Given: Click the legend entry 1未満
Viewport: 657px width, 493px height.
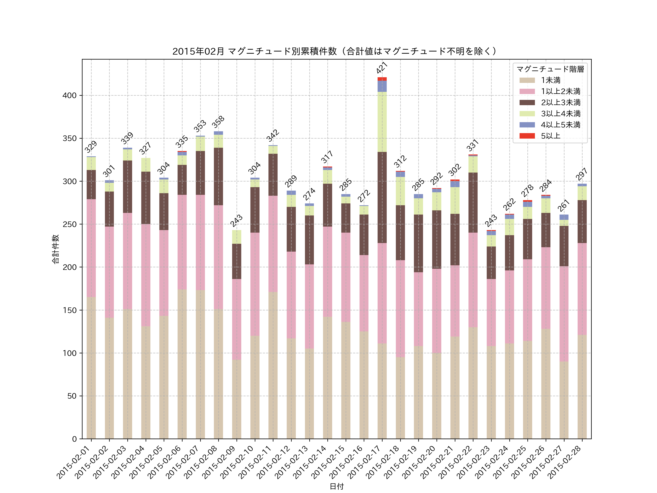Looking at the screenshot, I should (x=550, y=80).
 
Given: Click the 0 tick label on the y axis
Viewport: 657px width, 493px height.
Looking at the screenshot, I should (x=74, y=439).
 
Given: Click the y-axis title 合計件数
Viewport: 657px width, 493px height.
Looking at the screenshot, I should (x=55, y=249).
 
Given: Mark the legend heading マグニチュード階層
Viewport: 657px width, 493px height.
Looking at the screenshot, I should (x=550, y=69).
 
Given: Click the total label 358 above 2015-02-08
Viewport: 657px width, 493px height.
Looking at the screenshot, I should (x=218, y=122).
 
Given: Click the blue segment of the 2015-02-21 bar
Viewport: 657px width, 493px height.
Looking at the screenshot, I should (x=455, y=184).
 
